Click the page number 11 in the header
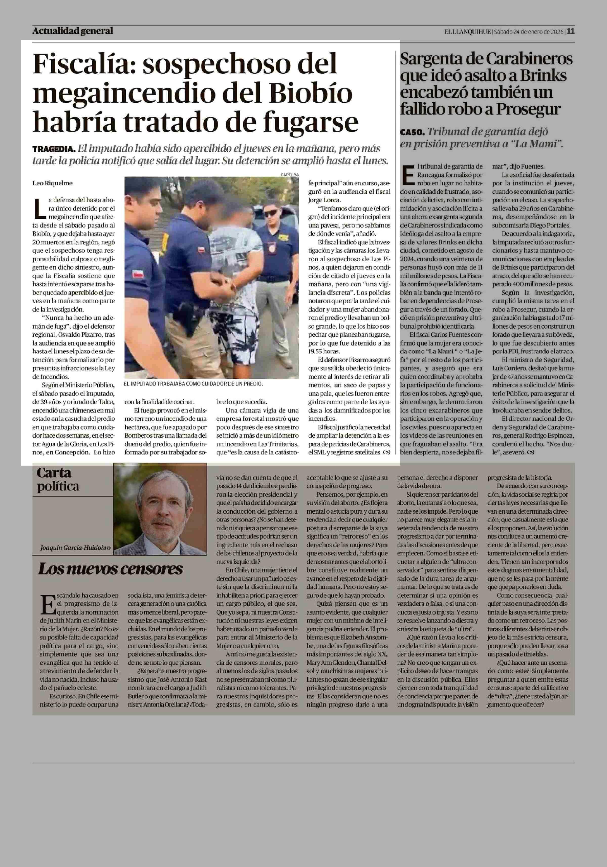click(x=571, y=31)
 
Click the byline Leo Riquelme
click(x=53, y=183)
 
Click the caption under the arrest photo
click(x=193, y=384)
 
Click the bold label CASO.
click(x=413, y=132)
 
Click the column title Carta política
click(x=58, y=480)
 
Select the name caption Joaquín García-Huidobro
click(x=75, y=547)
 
